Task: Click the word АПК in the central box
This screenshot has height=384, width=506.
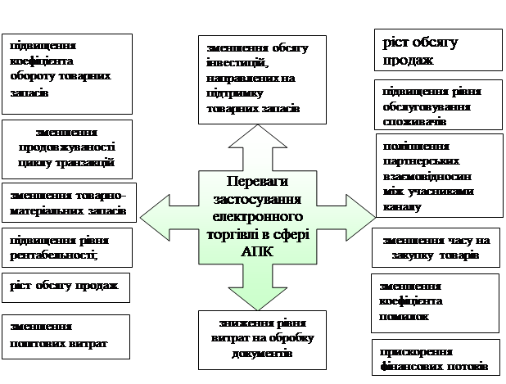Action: coord(250,254)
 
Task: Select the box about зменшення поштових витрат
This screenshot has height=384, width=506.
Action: coord(66,336)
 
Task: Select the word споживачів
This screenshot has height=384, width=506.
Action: coord(414,121)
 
